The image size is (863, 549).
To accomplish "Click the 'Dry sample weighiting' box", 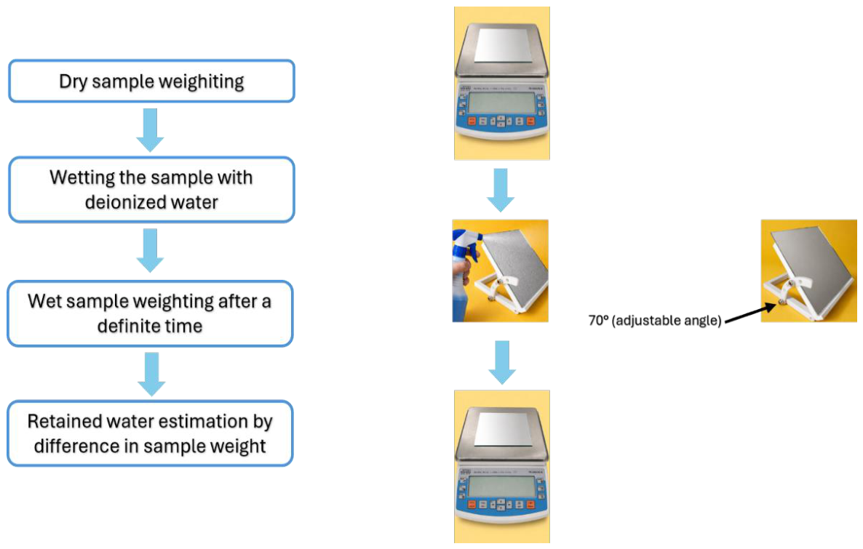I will pos(151,81).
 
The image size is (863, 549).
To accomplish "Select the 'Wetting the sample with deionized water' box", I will pos(151,189).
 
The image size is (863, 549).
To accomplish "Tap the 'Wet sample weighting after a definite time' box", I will pos(150,313).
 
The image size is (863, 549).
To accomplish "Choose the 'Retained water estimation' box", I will pos(150,433).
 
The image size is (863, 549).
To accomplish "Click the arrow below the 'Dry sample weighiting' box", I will pos(151,129).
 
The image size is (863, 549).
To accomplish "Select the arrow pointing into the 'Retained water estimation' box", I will pos(151,374).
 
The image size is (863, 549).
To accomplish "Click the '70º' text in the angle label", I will pos(598,320).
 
